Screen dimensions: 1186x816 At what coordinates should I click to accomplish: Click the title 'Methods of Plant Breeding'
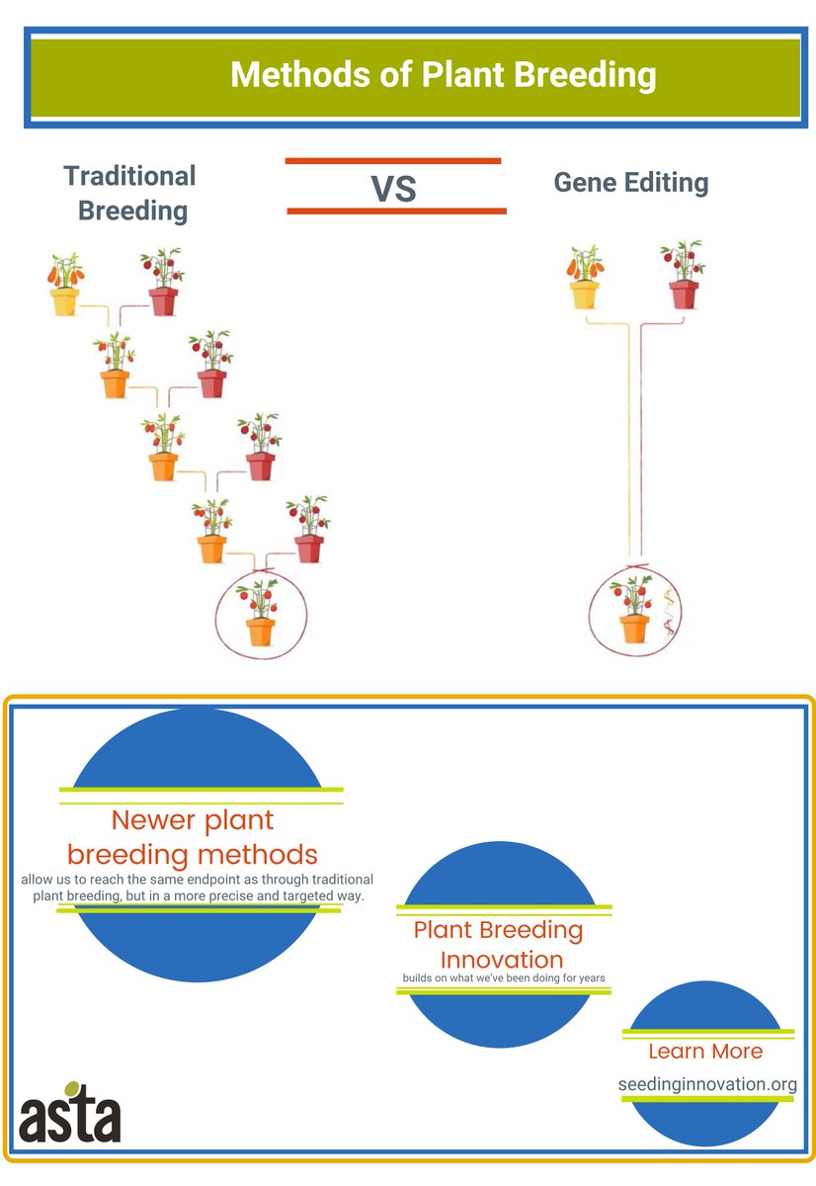[x=443, y=75]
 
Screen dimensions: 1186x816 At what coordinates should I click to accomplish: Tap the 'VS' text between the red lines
[x=393, y=188]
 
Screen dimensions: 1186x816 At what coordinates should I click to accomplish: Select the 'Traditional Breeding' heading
[x=130, y=193]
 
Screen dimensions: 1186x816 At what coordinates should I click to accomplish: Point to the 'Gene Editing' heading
[x=630, y=183]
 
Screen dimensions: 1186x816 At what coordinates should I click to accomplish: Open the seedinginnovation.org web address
[x=707, y=1084]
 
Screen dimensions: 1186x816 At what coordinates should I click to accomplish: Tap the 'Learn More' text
[x=705, y=1051]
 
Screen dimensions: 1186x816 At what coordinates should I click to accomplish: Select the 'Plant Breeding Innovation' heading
[x=499, y=944]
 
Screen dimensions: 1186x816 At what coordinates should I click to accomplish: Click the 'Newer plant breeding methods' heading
[x=193, y=836]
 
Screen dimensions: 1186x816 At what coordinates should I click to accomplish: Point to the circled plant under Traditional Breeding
[x=260, y=614]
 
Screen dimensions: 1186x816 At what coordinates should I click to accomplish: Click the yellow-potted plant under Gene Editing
[x=584, y=277]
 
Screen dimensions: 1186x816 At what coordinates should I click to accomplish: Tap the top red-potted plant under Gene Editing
[x=683, y=274]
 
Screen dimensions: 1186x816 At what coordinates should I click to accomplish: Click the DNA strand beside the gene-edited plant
[x=669, y=613]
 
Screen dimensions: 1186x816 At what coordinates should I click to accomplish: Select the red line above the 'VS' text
[x=393, y=160]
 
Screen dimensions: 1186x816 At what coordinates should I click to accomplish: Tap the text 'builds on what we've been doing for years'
[x=503, y=978]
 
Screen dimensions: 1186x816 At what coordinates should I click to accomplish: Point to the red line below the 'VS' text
[x=396, y=211]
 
